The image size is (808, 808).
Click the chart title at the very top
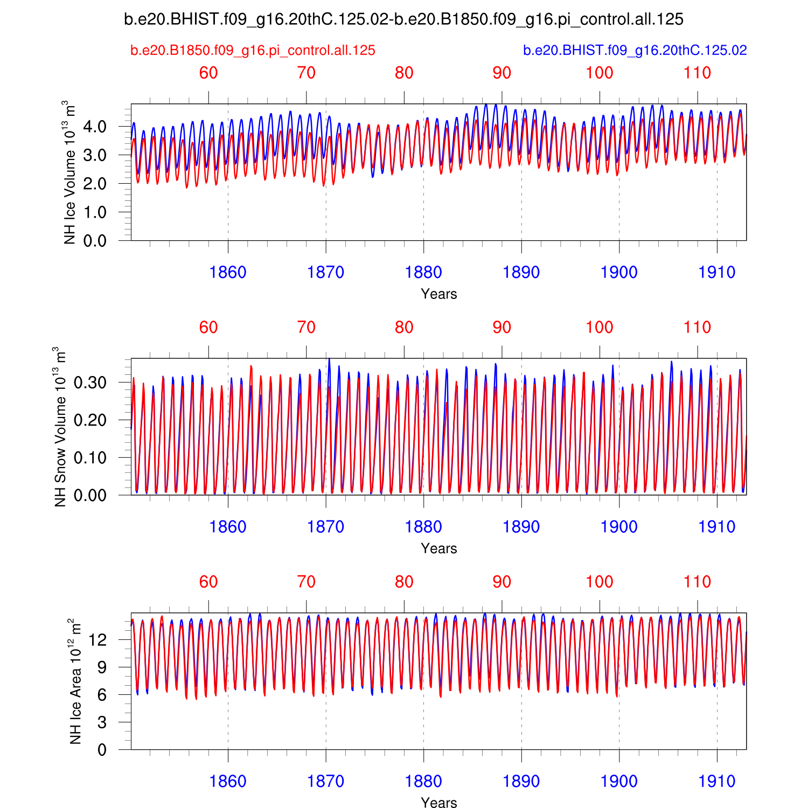pyautogui.click(x=403, y=20)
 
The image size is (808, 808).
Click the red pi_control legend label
pyautogui.click(x=253, y=51)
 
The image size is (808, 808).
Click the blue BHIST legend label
pyautogui.click(x=635, y=51)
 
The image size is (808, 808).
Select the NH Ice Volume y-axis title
pyautogui.click(x=69, y=172)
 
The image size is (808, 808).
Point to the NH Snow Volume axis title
pyautogui.click(x=60, y=427)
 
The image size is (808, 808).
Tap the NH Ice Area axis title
pyautogui.click(x=75, y=681)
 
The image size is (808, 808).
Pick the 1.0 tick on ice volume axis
pyautogui.click(x=95, y=213)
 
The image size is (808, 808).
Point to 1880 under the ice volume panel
pyautogui.click(x=423, y=273)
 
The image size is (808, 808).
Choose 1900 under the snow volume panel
pyautogui.click(x=619, y=527)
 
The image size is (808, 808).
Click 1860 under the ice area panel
pyautogui.click(x=228, y=781)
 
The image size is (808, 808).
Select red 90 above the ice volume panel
pyautogui.click(x=501, y=73)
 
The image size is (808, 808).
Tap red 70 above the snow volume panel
pyautogui.click(x=306, y=328)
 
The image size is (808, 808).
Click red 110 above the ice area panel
pyautogui.click(x=697, y=582)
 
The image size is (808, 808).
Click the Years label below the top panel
pyautogui.click(x=438, y=294)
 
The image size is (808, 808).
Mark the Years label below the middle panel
pyautogui.click(x=438, y=548)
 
